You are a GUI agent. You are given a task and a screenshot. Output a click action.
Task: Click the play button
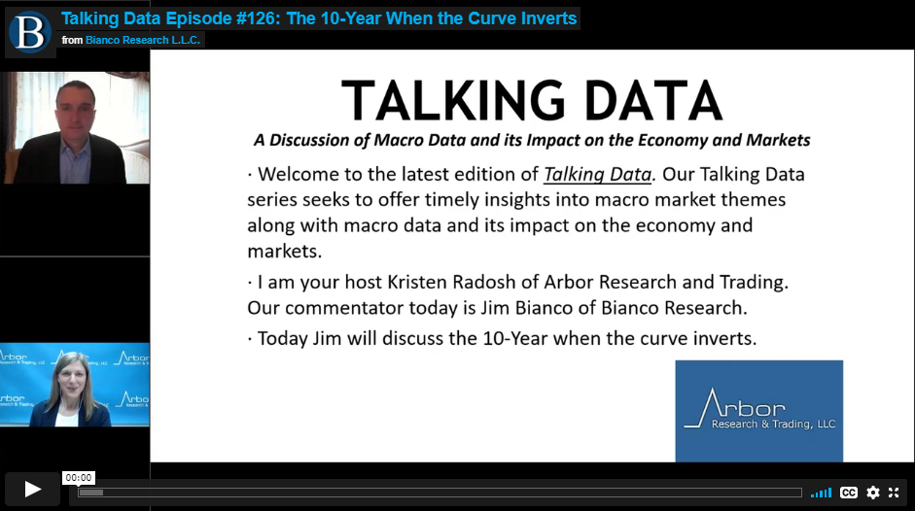click(x=33, y=490)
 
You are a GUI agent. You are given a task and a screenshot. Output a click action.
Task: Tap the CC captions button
click(x=849, y=493)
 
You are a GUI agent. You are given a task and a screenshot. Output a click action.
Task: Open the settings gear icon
click(x=873, y=493)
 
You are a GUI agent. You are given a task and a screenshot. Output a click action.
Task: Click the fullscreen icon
click(x=894, y=493)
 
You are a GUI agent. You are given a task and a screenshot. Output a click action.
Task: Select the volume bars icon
click(x=821, y=494)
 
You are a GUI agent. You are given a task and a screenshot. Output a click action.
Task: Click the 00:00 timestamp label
click(x=78, y=478)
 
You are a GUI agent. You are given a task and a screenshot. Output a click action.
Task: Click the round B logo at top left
click(x=29, y=33)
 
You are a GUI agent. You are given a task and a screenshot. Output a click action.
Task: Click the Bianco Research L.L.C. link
click(x=143, y=40)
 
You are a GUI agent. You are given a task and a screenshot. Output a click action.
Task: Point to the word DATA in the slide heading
click(x=653, y=100)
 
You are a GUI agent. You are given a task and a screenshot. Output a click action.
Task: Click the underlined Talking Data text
click(x=598, y=175)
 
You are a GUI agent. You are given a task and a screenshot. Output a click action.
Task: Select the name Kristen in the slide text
click(x=417, y=283)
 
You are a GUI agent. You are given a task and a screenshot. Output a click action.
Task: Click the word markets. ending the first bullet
click(x=285, y=252)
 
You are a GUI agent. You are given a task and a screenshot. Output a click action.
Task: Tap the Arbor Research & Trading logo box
click(x=759, y=411)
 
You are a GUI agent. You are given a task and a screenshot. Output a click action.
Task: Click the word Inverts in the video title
click(x=547, y=18)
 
